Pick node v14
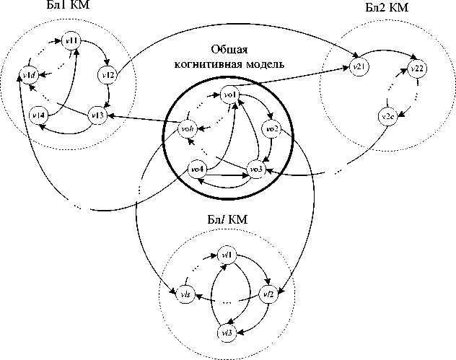click(x=38, y=115)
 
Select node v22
click(x=416, y=68)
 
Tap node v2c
click(x=387, y=116)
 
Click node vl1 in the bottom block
click(x=227, y=255)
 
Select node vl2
click(x=268, y=294)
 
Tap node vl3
click(x=227, y=333)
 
